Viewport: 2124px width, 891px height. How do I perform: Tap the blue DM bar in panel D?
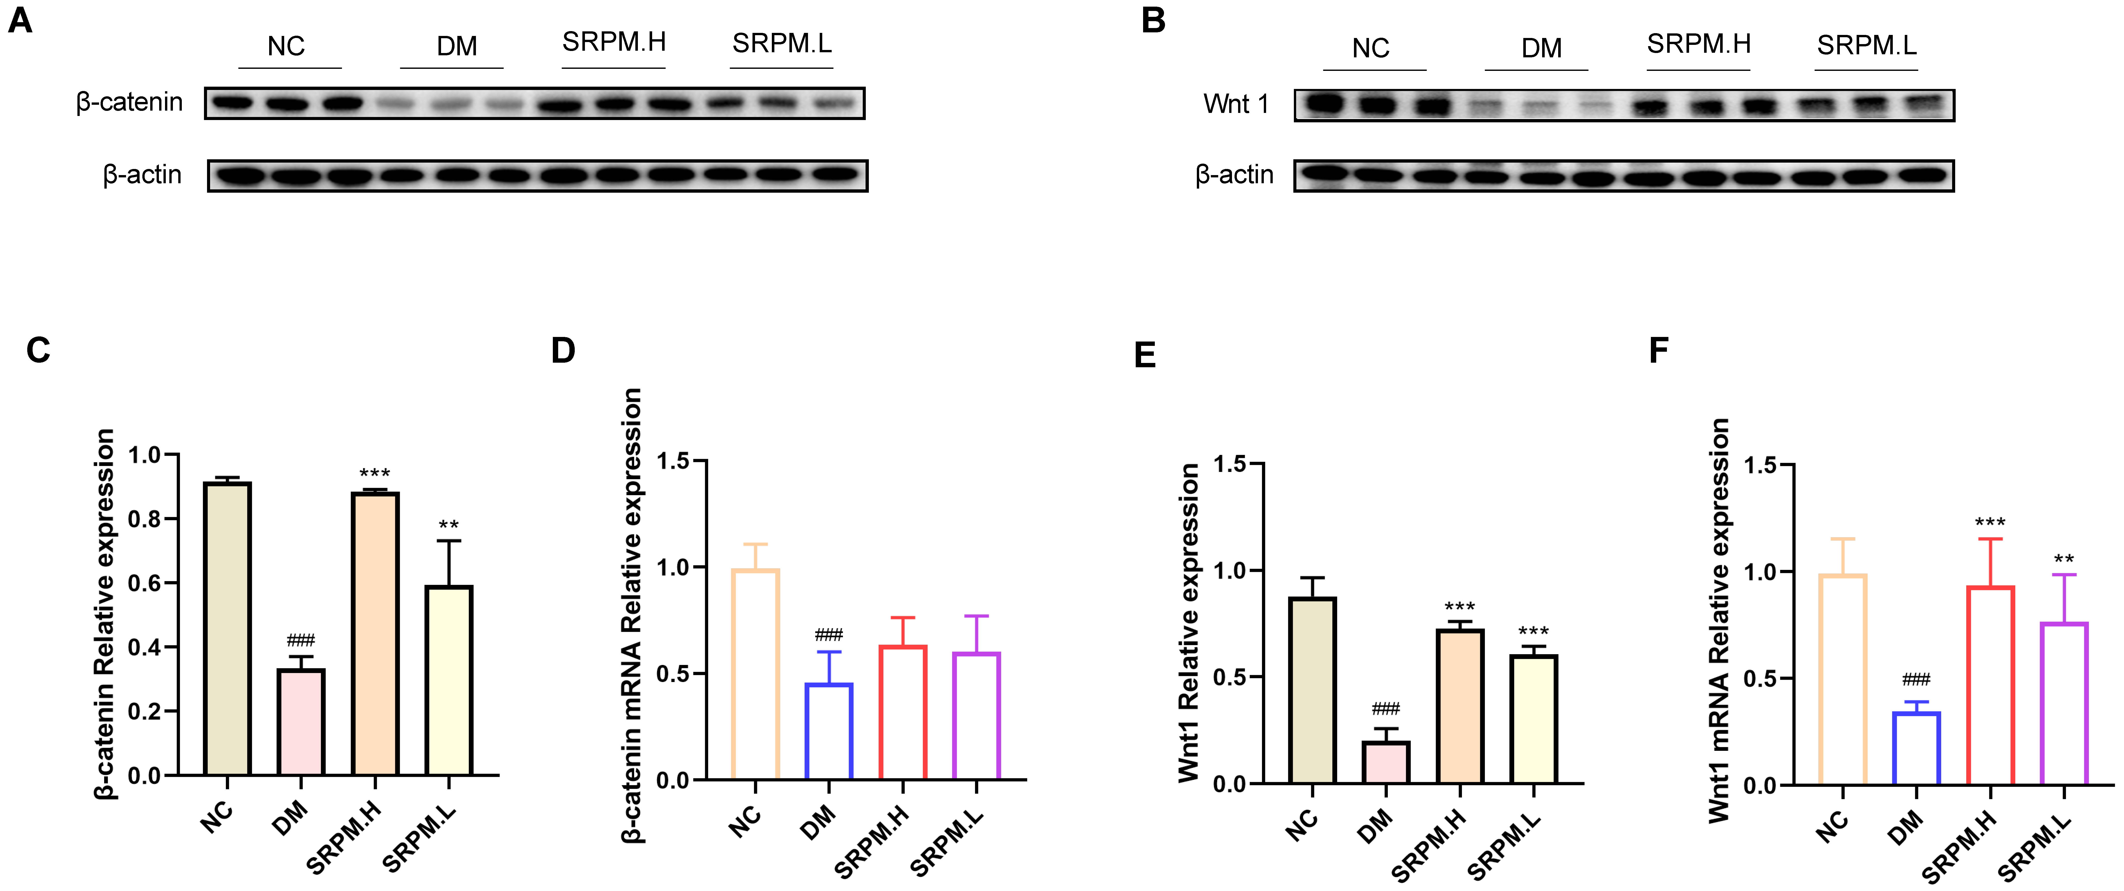coord(829,731)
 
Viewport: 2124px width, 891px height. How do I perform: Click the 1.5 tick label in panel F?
coord(1761,465)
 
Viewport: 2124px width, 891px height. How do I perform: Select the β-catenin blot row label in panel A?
coord(129,102)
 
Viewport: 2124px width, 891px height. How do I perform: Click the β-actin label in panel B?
coord(1234,175)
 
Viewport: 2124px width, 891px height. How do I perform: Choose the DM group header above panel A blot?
coord(456,46)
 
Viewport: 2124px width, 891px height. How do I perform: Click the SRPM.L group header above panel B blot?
coord(1867,45)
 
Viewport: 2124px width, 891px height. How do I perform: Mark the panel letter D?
coord(563,351)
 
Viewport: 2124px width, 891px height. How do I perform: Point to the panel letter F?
coord(1658,351)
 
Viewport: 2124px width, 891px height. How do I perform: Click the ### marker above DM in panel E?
coord(1386,709)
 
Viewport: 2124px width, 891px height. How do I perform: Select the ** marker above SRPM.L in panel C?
coord(448,526)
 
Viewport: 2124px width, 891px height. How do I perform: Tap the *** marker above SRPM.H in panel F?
coord(1990,522)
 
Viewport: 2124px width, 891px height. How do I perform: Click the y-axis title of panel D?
coord(632,615)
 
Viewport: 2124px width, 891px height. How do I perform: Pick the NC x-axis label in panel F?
coord(1833,825)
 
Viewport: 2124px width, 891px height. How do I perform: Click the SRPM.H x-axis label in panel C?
coord(345,837)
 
